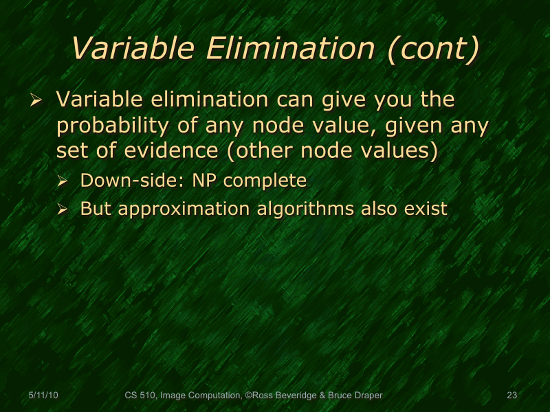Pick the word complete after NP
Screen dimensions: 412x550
265,181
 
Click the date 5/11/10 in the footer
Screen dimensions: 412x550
43,396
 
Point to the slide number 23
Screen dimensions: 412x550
511,396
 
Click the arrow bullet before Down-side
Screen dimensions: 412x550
63,182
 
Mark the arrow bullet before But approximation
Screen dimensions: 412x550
63,209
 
